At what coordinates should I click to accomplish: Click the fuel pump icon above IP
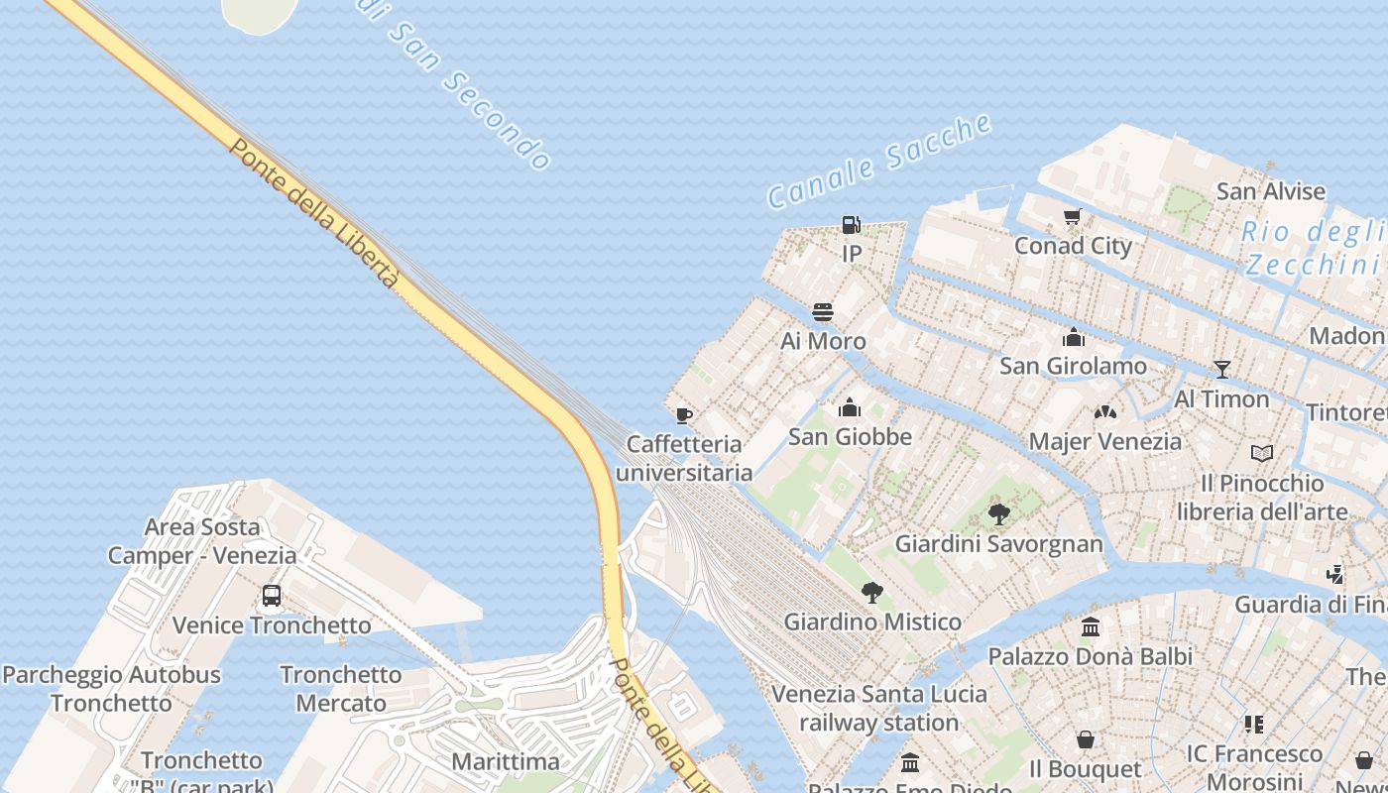tap(851, 225)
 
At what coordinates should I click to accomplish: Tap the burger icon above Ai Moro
tap(822, 312)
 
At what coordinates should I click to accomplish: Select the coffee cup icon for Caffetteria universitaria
tap(683, 415)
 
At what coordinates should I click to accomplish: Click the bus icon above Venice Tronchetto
tap(272, 596)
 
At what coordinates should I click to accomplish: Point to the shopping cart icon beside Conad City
tap(1072, 217)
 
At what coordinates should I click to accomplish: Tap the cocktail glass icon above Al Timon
tap(1222, 370)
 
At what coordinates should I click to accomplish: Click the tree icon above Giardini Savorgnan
tap(999, 514)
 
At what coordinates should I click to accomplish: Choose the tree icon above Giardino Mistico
tap(872, 593)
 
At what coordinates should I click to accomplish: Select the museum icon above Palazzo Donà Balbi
tap(1092, 627)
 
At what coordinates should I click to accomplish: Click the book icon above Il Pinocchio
tap(1262, 454)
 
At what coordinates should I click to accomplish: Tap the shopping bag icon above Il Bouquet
tap(1087, 740)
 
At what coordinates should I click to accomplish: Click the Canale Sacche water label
tap(878, 161)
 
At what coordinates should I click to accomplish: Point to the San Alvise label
tap(1271, 191)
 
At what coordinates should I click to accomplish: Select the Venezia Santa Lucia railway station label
tap(879, 708)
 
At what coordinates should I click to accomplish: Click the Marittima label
tap(506, 761)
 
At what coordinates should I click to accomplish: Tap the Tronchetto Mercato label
tap(341, 689)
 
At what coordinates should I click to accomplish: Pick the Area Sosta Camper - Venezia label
tap(202, 541)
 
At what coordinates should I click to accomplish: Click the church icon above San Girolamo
tap(1074, 338)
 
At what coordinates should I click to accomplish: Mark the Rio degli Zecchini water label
tap(1314, 248)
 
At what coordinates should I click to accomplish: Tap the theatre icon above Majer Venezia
tap(1105, 412)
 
